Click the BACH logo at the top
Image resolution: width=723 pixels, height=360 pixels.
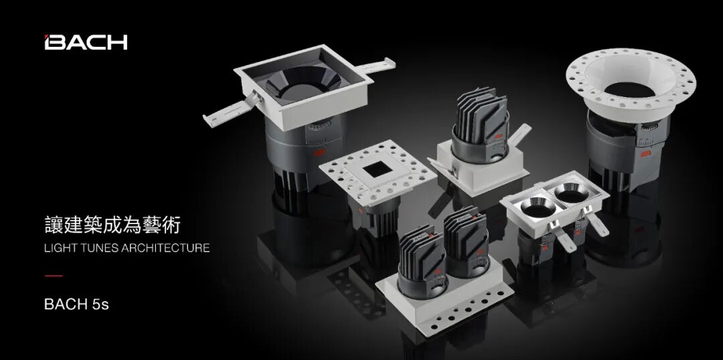(x=86, y=42)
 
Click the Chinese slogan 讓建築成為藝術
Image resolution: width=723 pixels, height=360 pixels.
(x=112, y=226)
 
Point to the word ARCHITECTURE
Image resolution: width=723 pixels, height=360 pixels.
(x=166, y=248)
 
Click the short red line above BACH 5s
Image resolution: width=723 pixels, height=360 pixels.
(x=54, y=276)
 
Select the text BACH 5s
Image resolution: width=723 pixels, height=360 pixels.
(x=76, y=304)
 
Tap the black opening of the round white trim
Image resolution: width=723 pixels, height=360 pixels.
(x=629, y=90)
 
